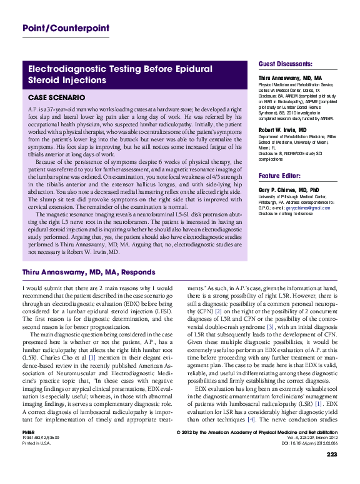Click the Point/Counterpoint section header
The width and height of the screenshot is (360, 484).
66,28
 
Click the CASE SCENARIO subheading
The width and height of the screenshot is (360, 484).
57,98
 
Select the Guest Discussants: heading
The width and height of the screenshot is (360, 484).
286,64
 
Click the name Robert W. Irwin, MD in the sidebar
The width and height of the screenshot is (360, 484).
282,129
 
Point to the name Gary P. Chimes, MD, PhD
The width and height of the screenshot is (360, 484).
289,188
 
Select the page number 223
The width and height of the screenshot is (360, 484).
331,455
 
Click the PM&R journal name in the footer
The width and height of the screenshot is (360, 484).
28,432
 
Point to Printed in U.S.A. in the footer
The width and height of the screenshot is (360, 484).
37,443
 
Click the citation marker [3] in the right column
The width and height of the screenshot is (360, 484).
271,326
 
